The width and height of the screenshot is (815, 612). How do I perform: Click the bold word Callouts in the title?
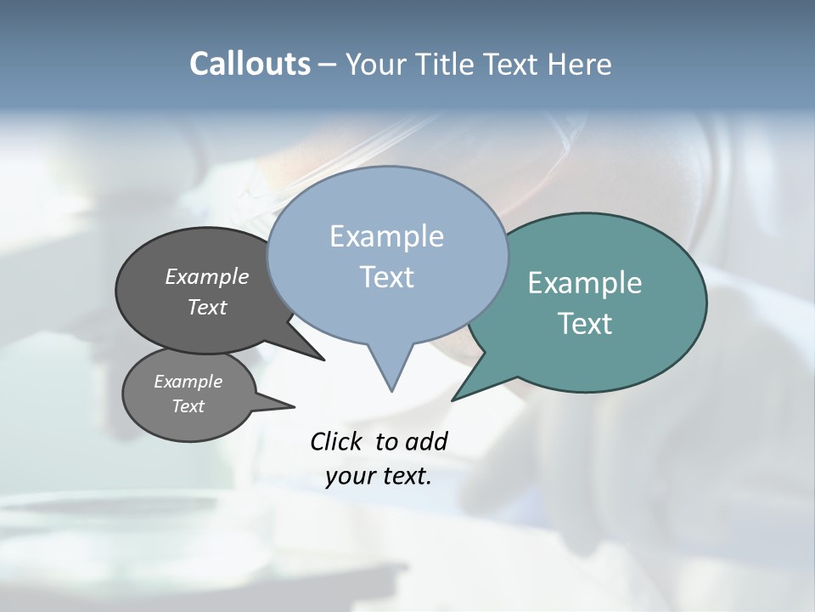coord(250,64)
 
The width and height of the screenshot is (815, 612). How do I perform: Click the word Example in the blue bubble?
coord(386,236)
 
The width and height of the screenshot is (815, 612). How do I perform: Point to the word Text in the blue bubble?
coord(386,277)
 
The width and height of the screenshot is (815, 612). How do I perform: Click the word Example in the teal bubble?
coord(585,283)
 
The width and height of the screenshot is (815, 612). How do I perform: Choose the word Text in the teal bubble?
coord(585,324)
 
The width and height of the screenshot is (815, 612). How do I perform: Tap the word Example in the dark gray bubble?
coord(207,276)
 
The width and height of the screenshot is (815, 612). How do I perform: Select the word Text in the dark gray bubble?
coord(207,307)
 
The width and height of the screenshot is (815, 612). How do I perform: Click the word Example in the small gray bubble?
coord(188,382)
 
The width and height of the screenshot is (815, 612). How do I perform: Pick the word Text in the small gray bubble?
coord(188,406)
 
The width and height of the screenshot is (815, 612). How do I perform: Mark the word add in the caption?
coord(425,441)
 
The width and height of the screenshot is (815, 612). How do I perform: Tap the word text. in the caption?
coord(404,477)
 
